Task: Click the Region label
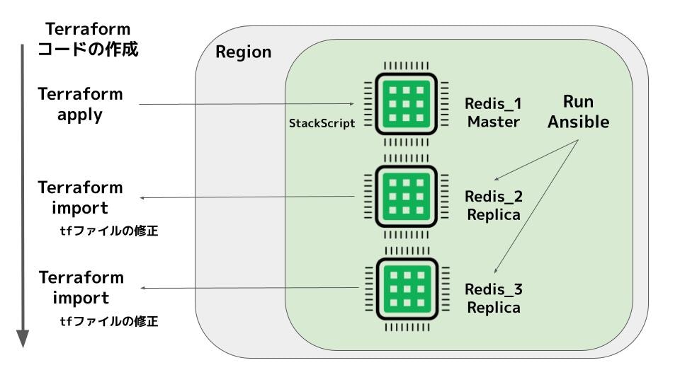tap(243, 52)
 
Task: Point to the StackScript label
tap(322, 122)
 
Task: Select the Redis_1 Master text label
tap(493, 112)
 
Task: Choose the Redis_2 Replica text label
tap(493, 204)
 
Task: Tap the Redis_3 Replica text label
tap(493, 298)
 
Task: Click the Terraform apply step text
tap(80, 104)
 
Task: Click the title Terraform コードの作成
tap(88, 40)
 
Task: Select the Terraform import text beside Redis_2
tap(80, 197)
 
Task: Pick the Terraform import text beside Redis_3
tap(80, 286)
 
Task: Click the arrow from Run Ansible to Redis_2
tap(535, 160)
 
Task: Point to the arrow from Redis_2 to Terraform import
tap(248, 197)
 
